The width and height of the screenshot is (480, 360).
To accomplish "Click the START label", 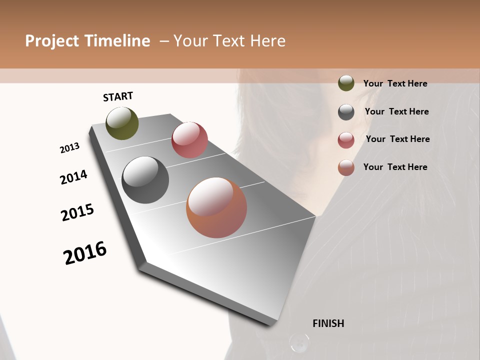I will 118,96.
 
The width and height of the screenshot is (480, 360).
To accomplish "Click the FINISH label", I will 328,323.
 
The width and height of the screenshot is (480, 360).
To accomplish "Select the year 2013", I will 69,148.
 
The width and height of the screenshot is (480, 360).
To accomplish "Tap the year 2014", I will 73,177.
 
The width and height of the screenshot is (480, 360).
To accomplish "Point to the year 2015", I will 77,212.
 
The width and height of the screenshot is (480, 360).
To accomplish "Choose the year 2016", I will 85,253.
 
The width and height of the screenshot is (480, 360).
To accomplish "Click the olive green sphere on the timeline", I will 122,123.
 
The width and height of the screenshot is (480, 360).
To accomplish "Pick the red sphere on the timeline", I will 189,140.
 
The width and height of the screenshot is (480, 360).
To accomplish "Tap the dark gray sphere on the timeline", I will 145,180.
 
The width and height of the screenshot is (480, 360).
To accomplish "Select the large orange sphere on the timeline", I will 216,207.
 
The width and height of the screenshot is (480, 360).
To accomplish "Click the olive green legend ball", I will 346,83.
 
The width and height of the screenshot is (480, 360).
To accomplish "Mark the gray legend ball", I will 346,112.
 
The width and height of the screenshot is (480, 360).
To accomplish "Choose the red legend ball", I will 346,140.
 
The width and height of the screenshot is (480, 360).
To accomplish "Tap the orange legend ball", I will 346,167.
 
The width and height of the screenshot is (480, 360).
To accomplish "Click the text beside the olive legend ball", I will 395,84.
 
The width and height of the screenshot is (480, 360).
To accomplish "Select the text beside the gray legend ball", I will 396,111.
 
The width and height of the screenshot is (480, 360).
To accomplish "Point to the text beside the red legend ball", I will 397,139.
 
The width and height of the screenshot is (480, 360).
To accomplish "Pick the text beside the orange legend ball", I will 395,167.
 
